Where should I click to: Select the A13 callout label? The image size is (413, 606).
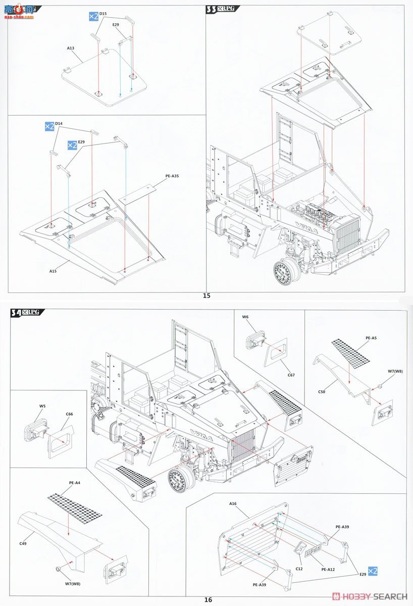click(x=70, y=48)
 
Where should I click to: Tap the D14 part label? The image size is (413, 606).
click(x=59, y=123)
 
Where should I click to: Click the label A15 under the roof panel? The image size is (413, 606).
click(x=53, y=271)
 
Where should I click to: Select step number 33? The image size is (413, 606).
click(x=212, y=9)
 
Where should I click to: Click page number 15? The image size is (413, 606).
click(x=206, y=296)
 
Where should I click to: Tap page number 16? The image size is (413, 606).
click(x=208, y=599)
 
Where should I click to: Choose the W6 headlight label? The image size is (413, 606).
click(x=245, y=317)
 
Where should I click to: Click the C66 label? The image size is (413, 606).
click(x=69, y=414)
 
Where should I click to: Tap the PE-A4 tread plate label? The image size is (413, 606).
click(x=74, y=483)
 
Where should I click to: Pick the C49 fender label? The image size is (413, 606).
click(x=23, y=543)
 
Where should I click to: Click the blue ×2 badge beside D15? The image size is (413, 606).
click(x=93, y=17)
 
